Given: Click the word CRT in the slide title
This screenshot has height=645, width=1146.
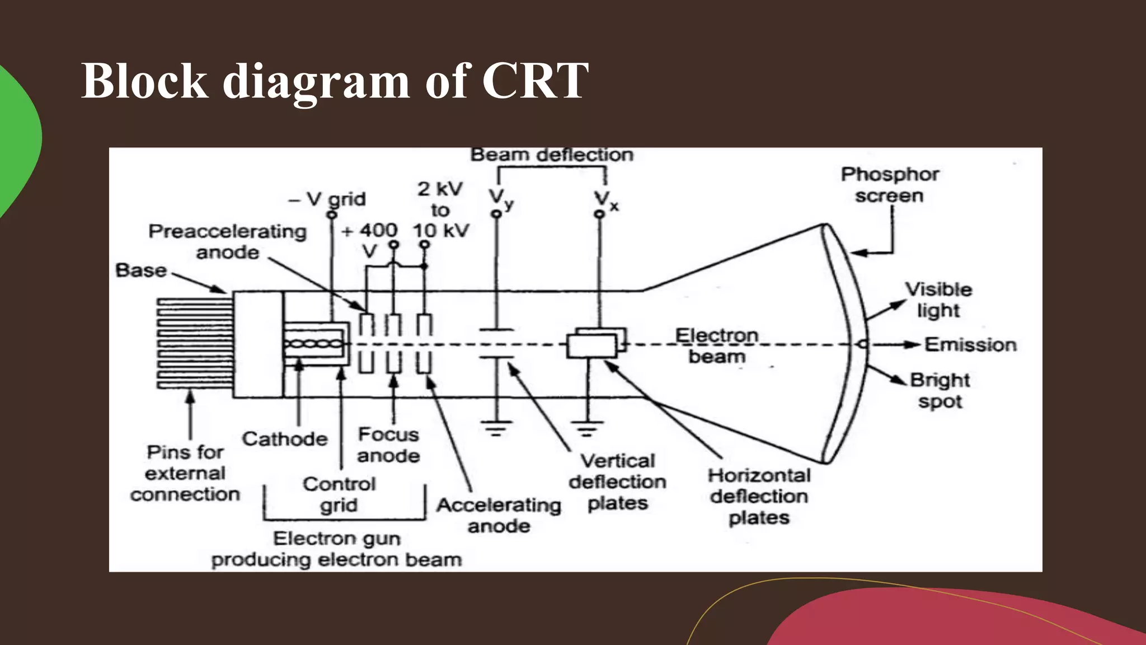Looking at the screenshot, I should (534, 81).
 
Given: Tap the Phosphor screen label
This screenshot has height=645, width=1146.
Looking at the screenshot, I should (890, 185).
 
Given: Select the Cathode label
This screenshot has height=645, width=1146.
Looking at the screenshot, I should (285, 438).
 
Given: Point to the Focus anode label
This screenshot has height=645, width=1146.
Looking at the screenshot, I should (388, 445).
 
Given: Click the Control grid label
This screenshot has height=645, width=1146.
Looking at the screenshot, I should (339, 494).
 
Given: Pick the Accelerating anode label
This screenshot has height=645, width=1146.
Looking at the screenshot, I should (499, 515).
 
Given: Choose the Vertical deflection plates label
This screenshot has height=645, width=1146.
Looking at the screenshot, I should (618, 482).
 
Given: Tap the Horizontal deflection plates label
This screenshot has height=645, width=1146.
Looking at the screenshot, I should (759, 496).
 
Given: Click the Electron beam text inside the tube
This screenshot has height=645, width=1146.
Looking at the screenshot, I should (717, 346).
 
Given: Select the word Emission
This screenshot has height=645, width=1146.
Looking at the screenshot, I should (970, 344).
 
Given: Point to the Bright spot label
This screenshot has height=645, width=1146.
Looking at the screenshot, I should (940, 390).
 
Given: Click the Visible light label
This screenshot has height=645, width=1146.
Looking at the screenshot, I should (938, 300).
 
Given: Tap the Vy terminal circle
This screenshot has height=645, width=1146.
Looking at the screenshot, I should (496, 214).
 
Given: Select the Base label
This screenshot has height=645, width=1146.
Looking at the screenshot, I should (141, 270).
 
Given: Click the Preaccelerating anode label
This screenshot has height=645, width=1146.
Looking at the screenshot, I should (228, 241).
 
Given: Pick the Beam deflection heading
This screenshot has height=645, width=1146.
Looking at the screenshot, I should (552, 155).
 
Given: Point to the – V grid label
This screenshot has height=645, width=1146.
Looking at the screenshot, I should (327, 199).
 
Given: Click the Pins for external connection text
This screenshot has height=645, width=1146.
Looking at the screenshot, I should (185, 473).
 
